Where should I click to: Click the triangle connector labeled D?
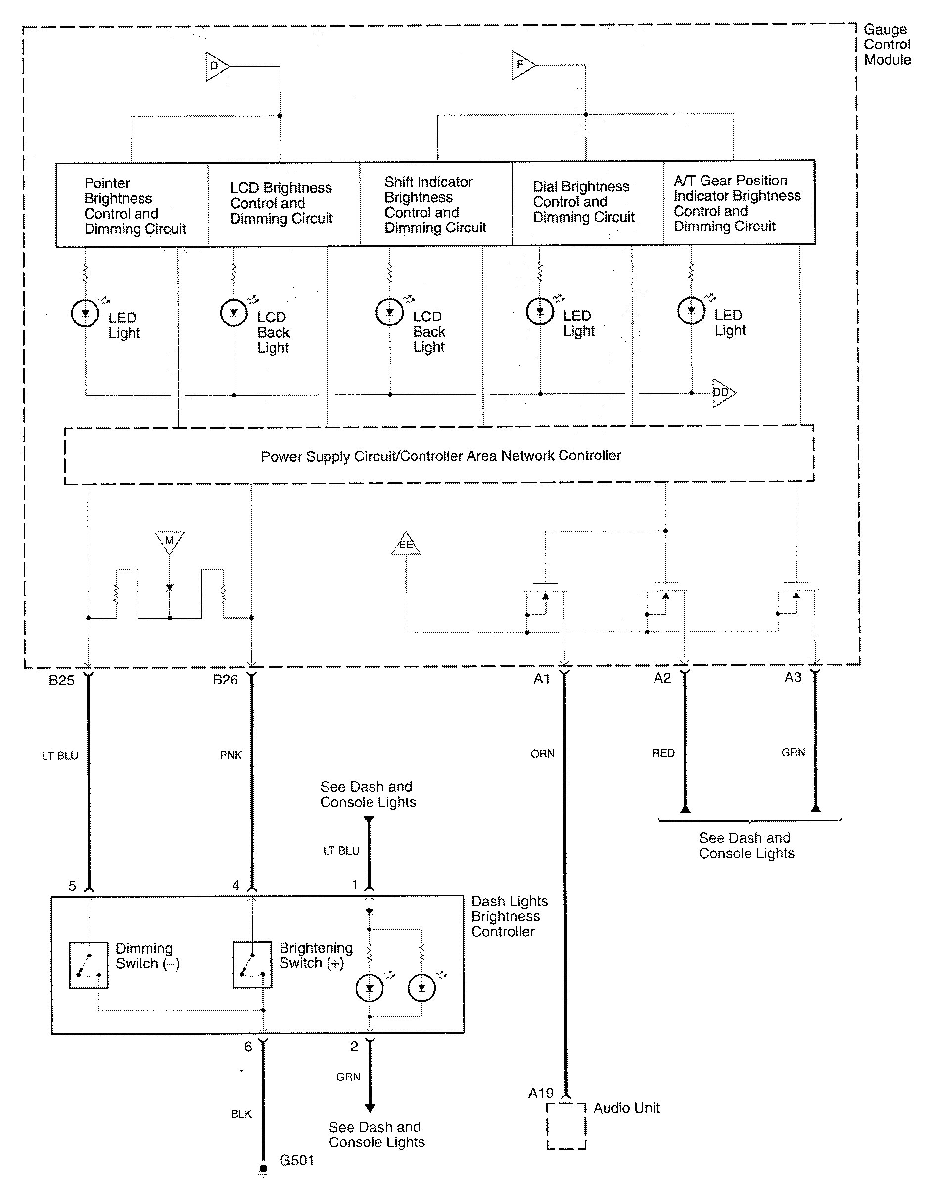click(x=216, y=66)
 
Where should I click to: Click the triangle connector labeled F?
click(x=522, y=65)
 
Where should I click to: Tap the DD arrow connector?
click(x=723, y=392)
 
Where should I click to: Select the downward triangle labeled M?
click(x=169, y=541)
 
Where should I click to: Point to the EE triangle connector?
click(x=406, y=545)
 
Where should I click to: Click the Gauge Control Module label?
click(x=887, y=45)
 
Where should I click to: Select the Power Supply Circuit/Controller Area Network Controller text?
click(x=441, y=456)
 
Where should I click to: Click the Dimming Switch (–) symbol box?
click(x=89, y=965)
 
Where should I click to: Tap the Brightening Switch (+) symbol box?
click(x=252, y=965)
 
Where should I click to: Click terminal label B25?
click(x=61, y=681)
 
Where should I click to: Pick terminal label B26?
click(x=225, y=680)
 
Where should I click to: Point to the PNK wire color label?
click(x=231, y=755)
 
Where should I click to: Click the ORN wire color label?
click(x=543, y=754)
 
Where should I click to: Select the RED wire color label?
click(x=663, y=753)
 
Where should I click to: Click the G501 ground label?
click(x=296, y=1160)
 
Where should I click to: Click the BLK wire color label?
click(x=241, y=1114)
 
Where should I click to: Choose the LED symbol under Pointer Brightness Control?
click(x=85, y=314)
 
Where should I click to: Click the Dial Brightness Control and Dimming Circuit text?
click(x=583, y=202)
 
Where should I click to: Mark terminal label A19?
click(x=541, y=1093)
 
